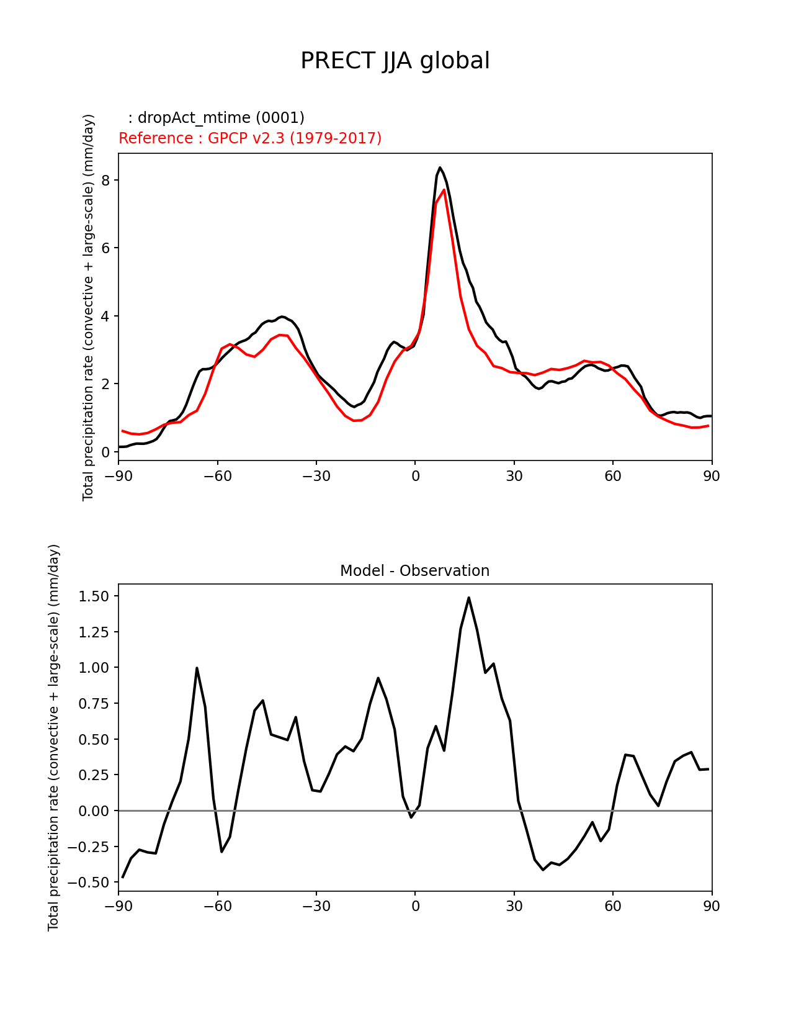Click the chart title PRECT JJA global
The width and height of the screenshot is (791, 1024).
[x=395, y=61]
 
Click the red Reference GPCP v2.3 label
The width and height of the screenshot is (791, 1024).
[x=250, y=138]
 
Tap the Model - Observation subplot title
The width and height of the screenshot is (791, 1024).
[x=414, y=571]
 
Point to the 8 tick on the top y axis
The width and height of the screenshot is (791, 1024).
[x=106, y=180]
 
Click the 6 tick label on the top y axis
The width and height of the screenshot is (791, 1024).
[x=106, y=248]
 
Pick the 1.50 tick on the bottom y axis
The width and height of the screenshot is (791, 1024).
[x=95, y=596]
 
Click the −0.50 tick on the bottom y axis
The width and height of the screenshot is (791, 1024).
[x=92, y=883]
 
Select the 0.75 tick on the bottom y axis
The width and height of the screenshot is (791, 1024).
[x=95, y=704]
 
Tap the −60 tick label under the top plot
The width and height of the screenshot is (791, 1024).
[x=217, y=476]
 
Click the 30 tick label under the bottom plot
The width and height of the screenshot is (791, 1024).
[x=514, y=907]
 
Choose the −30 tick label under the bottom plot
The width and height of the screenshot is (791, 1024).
[x=316, y=907]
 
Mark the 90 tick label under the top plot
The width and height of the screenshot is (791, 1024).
[x=712, y=476]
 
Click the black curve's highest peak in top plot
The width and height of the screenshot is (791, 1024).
[x=440, y=168]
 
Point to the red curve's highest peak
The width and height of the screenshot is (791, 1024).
[x=444, y=189]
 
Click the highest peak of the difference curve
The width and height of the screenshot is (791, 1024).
[x=468, y=598]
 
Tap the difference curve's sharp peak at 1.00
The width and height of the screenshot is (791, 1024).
[x=197, y=668]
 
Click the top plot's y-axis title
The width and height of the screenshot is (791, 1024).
[x=89, y=307]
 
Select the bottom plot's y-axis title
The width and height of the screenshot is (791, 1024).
[x=54, y=737]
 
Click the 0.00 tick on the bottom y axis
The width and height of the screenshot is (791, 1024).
[x=95, y=811]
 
